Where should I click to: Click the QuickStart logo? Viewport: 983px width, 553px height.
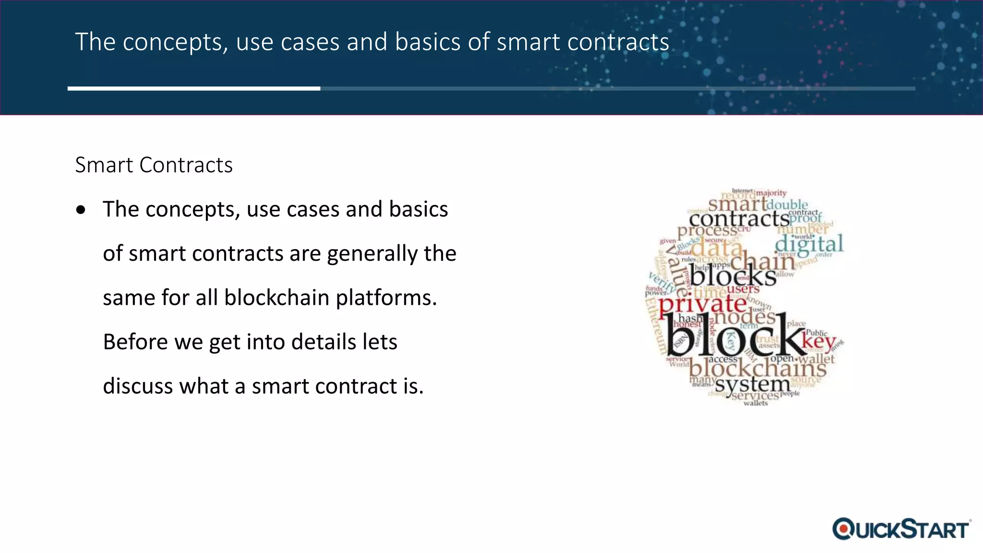coord(901,529)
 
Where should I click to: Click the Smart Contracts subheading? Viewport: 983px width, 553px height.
coord(154,165)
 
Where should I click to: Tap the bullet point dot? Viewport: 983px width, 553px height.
coord(81,210)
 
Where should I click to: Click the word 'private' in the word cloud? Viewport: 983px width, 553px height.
coord(702,304)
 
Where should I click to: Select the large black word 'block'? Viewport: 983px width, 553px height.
coord(733,336)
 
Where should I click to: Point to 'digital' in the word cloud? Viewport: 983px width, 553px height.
coord(809,244)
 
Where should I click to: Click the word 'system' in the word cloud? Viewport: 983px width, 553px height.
coord(752,384)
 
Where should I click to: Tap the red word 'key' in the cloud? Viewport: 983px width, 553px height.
coord(819,341)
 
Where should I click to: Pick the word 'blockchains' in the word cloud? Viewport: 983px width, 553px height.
coord(757,369)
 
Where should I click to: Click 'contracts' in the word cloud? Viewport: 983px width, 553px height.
coord(739,219)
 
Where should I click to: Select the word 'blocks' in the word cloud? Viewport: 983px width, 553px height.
coord(733,276)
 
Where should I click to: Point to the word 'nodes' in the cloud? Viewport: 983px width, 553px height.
coord(744,317)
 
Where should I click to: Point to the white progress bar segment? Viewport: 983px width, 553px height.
coord(193,88)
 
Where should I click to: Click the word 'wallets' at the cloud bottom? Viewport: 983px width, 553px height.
coord(755,403)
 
